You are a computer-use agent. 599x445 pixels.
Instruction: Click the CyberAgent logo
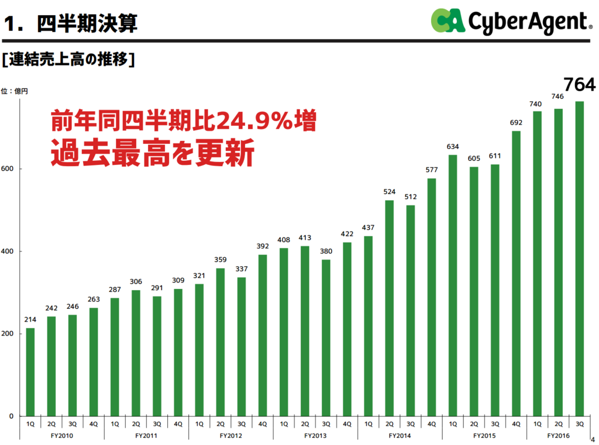click(x=512, y=21)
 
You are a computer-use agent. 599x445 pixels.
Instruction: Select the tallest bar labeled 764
click(x=580, y=258)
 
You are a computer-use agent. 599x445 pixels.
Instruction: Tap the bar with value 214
click(x=30, y=372)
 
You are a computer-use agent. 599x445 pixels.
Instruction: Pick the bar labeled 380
click(x=326, y=337)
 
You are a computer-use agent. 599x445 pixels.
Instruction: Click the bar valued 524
click(x=389, y=308)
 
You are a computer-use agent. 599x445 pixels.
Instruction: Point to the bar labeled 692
click(x=516, y=274)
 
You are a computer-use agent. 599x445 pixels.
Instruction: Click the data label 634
click(x=453, y=147)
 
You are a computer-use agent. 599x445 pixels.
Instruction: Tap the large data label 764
click(x=580, y=84)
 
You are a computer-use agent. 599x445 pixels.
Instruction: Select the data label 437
click(x=369, y=227)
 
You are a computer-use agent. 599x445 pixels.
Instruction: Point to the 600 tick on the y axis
click(x=7, y=169)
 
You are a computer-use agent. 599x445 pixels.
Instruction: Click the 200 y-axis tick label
click(x=7, y=333)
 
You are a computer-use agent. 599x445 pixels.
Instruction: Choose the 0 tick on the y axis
click(x=11, y=416)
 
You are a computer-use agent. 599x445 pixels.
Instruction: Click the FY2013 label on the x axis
click(x=315, y=436)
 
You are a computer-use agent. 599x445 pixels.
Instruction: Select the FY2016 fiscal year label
click(x=558, y=436)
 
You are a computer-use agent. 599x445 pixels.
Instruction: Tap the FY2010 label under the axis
click(x=62, y=436)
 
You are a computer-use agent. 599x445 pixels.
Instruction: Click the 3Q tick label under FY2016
click(x=580, y=424)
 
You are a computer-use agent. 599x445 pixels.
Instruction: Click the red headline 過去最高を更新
click(x=153, y=153)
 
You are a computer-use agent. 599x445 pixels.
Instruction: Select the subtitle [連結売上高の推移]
click(x=68, y=60)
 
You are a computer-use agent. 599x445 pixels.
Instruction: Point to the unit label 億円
click(x=22, y=91)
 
